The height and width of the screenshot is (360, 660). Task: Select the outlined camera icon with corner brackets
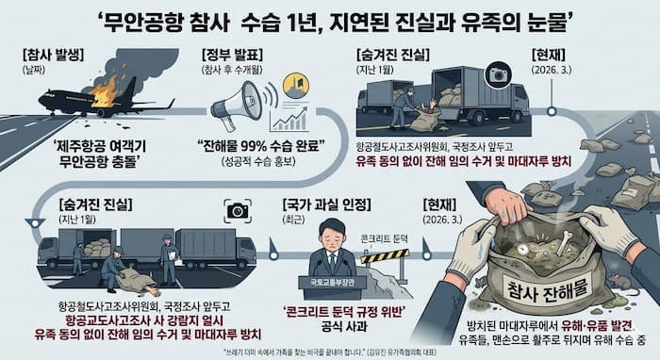coord(236,209)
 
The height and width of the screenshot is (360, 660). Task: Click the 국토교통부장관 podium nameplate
coord(332,280)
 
